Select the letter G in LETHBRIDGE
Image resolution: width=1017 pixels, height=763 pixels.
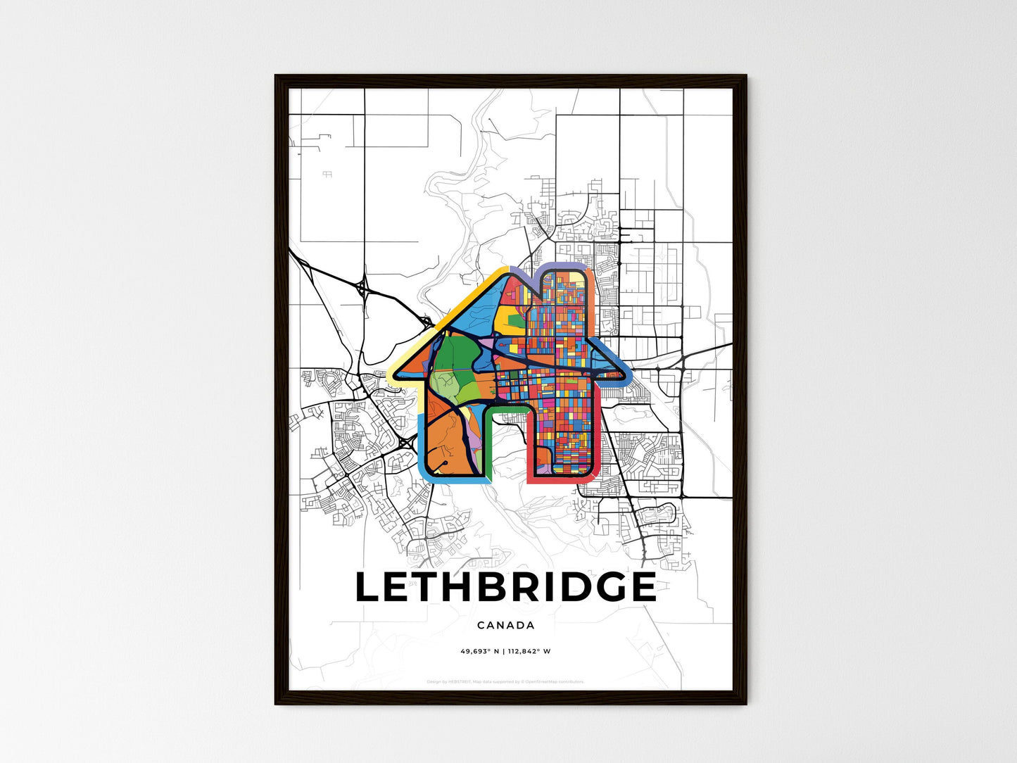click(601, 588)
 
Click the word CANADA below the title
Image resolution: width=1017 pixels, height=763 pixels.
click(505, 625)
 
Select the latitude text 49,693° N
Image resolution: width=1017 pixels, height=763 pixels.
click(479, 651)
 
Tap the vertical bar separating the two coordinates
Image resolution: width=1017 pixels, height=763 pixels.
click(505, 651)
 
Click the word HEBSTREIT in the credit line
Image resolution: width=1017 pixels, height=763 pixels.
click(458, 681)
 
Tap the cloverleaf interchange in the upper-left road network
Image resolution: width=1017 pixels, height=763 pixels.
click(362, 287)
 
